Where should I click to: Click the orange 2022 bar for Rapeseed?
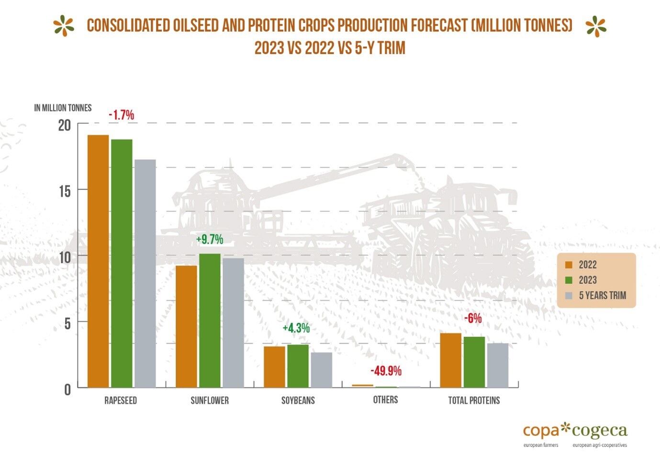[x=98, y=261]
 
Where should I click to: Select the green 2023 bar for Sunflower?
[x=210, y=320]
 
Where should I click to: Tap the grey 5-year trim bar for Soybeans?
[x=321, y=370]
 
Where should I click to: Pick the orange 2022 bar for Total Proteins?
[x=450, y=360]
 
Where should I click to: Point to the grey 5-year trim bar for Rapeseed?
[x=145, y=273]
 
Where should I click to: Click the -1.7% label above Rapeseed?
[x=121, y=115]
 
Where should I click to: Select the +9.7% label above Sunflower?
[x=210, y=239]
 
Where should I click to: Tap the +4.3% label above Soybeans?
[x=296, y=328]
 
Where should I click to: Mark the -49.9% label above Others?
[x=386, y=371]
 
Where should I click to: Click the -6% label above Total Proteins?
[x=473, y=318]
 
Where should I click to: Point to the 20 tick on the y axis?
[x=64, y=126]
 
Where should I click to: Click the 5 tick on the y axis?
[x=67, y=324]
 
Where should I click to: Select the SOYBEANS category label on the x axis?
[x=298, y=401]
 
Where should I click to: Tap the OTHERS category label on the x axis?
[x=385, y=400]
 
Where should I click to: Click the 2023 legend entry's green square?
[x=569, y=280]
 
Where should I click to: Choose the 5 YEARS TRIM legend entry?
[x=602, y=295]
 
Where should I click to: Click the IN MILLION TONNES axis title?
[x=63, y=108]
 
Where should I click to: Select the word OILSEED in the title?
[x=196, y=25]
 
